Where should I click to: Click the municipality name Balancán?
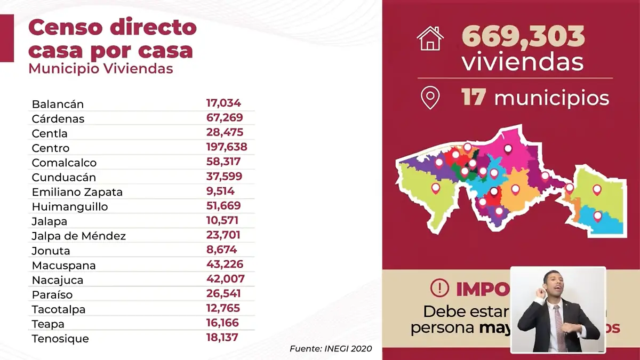(x=58, y=104)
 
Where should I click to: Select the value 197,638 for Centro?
(x=227, y=147)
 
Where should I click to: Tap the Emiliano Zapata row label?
(x=77, y=192)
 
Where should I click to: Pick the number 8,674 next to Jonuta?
(x=221, y=250)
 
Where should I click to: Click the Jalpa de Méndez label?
(x=78, y=236)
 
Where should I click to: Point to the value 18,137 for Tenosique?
(x=222, y=338)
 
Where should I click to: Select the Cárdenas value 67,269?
(x=224, y=118)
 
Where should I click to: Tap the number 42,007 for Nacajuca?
(x=225, y=279)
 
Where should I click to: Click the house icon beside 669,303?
(x=430, y=38)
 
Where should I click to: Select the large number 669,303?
(x=523, y=37)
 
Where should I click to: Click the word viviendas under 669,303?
(x=522, y=63)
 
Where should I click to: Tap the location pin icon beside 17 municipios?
(x=430, y=98)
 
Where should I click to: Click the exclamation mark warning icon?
(x=439, y=289)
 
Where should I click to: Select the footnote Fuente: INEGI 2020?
(x=331, y=349)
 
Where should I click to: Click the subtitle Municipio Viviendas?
(x=100, y=69)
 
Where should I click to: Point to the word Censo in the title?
(x=64, y=28)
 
